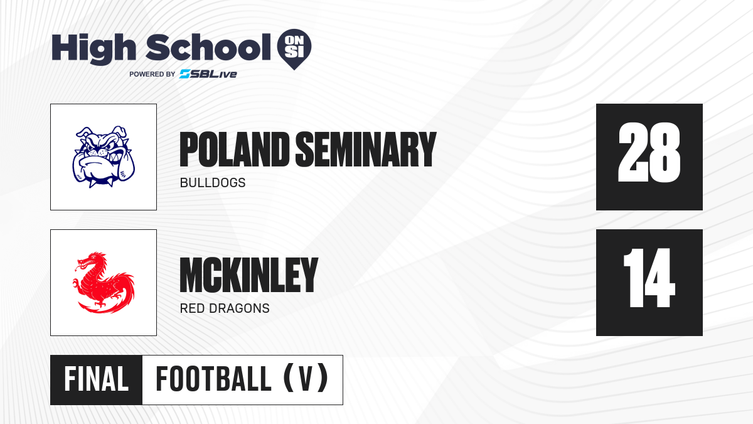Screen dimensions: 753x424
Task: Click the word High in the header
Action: tap(93, 49)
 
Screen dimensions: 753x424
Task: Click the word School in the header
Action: tap(208, 47)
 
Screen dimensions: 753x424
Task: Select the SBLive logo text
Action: tap(208, 74)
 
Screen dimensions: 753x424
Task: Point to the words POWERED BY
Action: tap(152, 74)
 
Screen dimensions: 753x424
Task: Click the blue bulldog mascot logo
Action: tap(104, 157)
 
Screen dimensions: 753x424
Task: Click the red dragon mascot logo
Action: tap(104, 282)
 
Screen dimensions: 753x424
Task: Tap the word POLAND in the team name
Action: tap(234, 149)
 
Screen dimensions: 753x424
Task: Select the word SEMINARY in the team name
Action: tap(366, 149)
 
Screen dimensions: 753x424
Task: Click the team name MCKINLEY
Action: tap(248, 275)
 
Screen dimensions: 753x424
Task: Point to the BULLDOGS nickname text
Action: tap(213, 183)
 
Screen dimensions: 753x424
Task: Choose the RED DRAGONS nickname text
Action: tap(225, 308)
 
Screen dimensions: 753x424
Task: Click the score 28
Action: tap(649, 153)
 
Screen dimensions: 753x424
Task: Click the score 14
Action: tap(649, 278)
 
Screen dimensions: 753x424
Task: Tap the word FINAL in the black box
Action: tap(97, 379)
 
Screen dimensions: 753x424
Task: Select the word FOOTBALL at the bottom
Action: tap(213, 379)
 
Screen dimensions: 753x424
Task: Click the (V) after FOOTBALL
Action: tap(306, 379)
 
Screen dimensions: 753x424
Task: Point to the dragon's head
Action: tap(89, 261)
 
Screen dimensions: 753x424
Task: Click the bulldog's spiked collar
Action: tap(101, 181)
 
